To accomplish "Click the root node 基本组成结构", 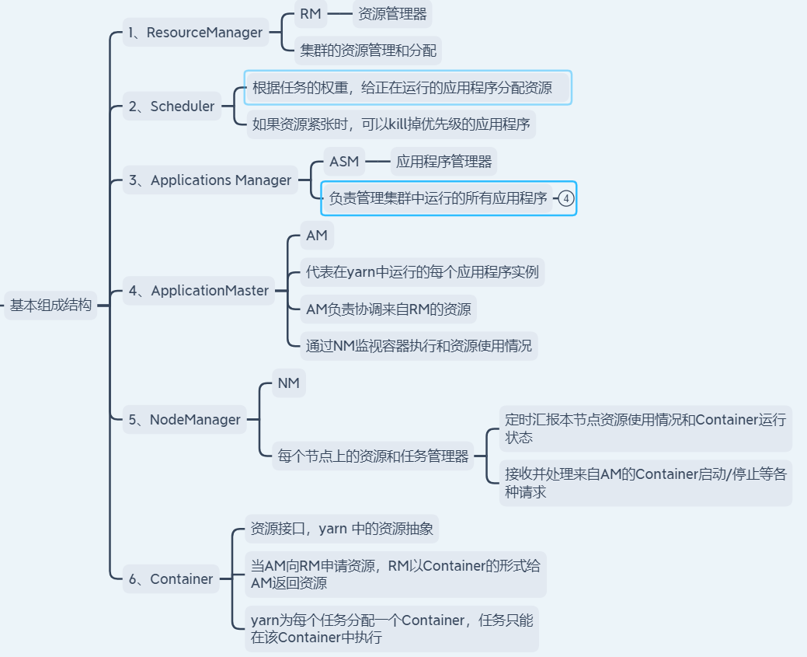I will pyautogui.click(x=50, y=306).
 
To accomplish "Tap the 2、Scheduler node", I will pyautogui.click(x=172, y=107).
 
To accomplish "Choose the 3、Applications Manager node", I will pyautogui.click(x=210, y=180).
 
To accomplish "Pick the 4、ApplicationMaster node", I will pyautogui.click(x=199, y=291).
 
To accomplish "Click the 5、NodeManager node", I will pyautogui.click(x=184, y=420).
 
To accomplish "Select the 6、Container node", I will pyautogui.click(x=171, y=579).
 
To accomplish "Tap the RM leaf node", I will pyautogui.click(x=310, y=14).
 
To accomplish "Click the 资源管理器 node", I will pyautogui.click(x=391, y=14).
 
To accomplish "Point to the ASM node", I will pyautogui.click(x=344, y=162).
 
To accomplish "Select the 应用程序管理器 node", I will pyautogui.click(x=444, y=162).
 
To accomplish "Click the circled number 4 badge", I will pyautogui.click(x=566, y=198).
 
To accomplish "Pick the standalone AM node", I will pyautogui.click(x=316, y=236).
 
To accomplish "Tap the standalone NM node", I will pyautogui.click(x=288, y=383).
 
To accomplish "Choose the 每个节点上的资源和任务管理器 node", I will pyautogui.click(x=373, y=456).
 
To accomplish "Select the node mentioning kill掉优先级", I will pyautogui.click(x=391, y=124).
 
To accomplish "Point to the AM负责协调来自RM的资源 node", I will pyautogui.click(x=388, y=309).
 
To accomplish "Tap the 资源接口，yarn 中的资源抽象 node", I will pyautogui.click(x=342, y=529).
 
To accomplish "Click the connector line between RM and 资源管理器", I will pyautogui.click(x=339, y=13).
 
